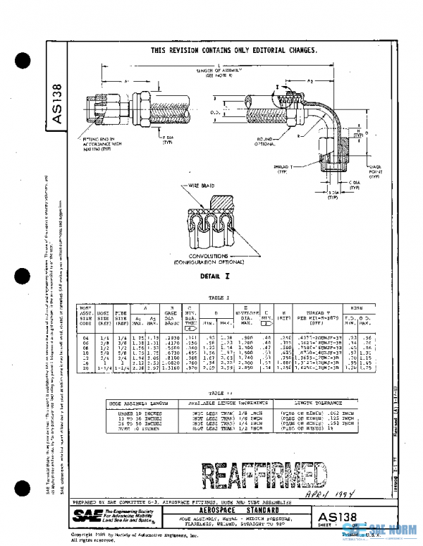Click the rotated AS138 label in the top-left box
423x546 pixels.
pyautogui.click(x=59, y=106)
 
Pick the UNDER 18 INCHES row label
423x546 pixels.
pyautogui.click(x=126, y=412)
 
